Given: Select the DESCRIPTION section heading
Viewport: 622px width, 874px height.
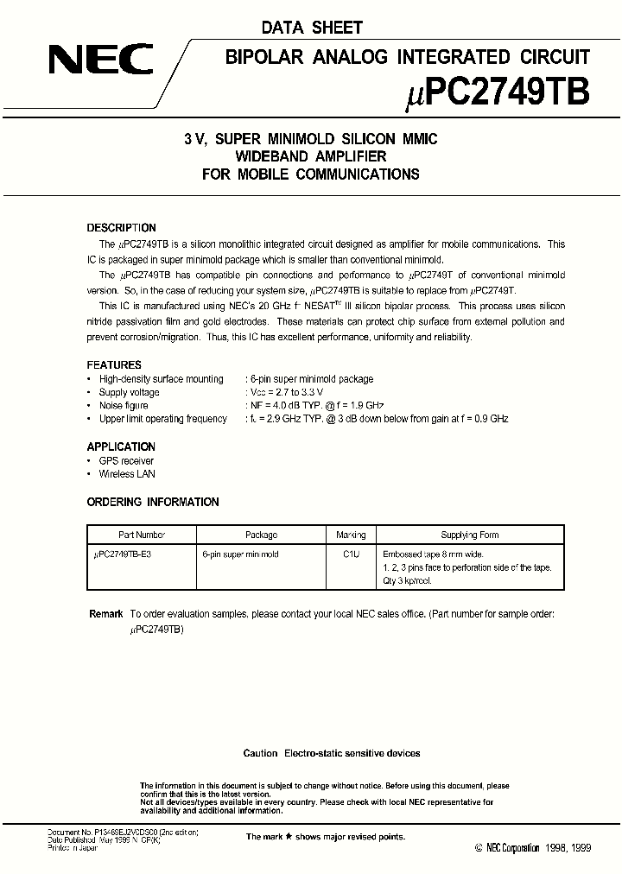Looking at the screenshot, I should [122, 228].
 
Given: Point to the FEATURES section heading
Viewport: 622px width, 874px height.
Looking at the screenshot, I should [114, 365].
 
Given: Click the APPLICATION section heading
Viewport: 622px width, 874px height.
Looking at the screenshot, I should [121, 446].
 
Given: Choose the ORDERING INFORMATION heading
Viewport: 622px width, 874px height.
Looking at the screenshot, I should [153, 502].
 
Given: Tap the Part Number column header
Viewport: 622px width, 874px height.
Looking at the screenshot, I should [142, 535].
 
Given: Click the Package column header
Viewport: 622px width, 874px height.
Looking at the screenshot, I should [261, 535].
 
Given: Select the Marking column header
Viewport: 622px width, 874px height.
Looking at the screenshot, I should [350, 535].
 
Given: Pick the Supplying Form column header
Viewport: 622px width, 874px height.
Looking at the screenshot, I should [469, 535].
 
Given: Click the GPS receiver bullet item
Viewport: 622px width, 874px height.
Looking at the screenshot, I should [126, 460].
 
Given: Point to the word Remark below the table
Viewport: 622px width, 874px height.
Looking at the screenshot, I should [106, 613].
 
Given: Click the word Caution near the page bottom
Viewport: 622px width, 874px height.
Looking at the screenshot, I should [260, 753].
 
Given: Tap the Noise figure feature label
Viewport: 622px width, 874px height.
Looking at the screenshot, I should [124, 405].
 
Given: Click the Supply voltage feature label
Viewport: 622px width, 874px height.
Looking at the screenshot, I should [129, 392].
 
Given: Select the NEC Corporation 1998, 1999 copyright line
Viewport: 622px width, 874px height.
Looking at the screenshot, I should [533, 849].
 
